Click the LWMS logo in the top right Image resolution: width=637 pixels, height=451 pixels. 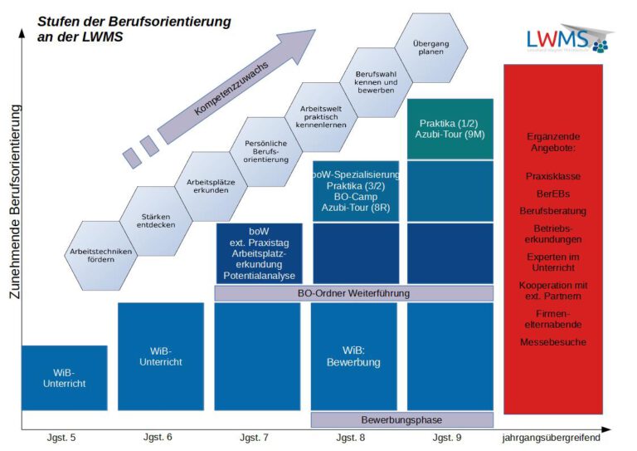567,40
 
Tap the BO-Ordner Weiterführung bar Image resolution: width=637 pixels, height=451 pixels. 353,292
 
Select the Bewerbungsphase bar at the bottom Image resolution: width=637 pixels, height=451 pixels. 401,419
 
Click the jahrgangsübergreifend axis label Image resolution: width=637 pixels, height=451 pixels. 552,437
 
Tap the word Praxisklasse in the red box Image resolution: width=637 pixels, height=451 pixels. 553,176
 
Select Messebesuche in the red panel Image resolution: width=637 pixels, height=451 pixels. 553,341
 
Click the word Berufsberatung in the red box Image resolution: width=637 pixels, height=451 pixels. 553,210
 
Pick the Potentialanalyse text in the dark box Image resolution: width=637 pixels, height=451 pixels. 259,275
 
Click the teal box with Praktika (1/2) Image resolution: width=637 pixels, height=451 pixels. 450,129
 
